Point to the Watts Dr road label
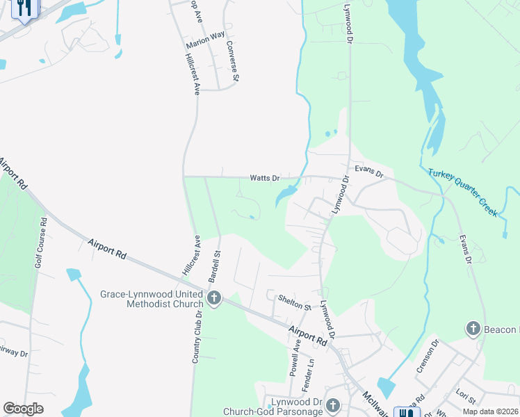pyautogui.click(x=265, y=179)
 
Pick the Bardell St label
pyautogui.click(x=216, y=266)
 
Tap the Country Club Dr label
pyautogui.click(x=197, y=336)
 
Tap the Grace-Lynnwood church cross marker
pyautogui.click(x=214, y=299)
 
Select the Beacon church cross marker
pyautogui.click(x=473, y=328)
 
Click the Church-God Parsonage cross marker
pyautogui.click(x=332, y=405)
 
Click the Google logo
pyautogui.click(x=23, y=409)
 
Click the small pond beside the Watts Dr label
pyautogui.click(x=285, y=195)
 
